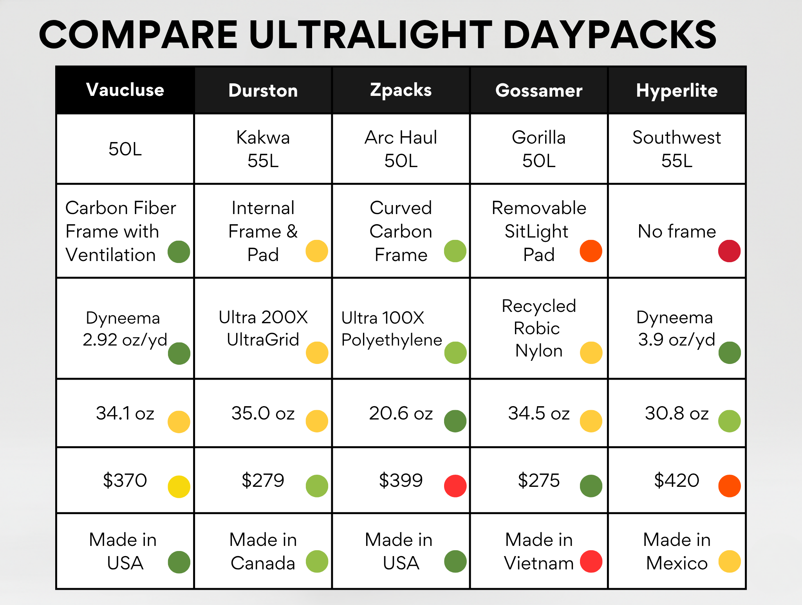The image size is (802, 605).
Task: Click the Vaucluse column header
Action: click(x=125, y=90)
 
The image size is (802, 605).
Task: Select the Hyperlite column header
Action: click(x=677, y=90)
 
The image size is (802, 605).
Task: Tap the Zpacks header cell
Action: click(x=401, y=90)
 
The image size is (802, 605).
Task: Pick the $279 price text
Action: click(x=263, y=480)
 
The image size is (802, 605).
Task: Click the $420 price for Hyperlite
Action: click(x=677, y=480)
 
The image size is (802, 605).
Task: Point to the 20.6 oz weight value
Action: click(x=401, y=413)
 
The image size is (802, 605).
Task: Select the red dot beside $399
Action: click(x=455, y=486)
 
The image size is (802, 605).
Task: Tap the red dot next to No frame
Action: click(x=729, y=251)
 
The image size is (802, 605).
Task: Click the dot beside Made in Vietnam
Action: click(x=591, y=561)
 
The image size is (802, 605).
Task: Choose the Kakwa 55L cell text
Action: click(x=263, y=149)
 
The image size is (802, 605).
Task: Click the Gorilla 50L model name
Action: click(x=539, y=149)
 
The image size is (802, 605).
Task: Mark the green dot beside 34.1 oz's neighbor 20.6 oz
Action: click(x=455, y=421)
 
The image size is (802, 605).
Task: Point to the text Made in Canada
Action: click(x=263, y=551)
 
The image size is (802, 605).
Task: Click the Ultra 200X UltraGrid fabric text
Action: click(x=263, y=328)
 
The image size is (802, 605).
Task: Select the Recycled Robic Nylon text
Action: click(x=539, y=328)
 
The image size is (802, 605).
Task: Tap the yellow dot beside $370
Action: click(x=179, y=486)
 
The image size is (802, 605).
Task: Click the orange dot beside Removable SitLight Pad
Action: click(x=591, y=251)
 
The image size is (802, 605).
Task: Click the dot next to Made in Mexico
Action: click(x=730, y=561)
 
